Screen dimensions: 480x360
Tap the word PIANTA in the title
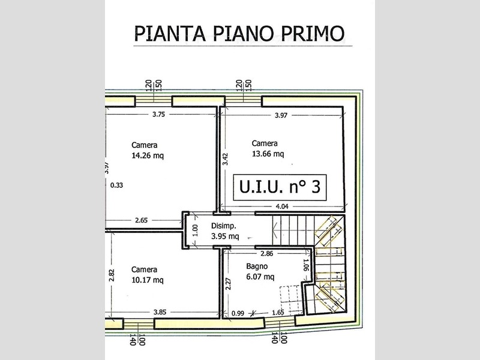click(x=170, y=33)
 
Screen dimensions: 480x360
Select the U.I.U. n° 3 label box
click(x=280, y=187)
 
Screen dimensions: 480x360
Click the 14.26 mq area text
click(x=148, y=155)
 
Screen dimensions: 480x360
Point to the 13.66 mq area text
click(x=268, y=154)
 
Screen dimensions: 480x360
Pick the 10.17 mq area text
click(x=147, y=280)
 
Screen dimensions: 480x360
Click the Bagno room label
click(x=257, y=266)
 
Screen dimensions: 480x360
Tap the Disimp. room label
click(x=223, y=226)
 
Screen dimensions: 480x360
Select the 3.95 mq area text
click(x=225, y=236)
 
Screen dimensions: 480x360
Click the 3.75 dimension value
click(x=158, y=115)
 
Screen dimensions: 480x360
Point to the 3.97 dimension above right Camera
click(x=281, y=115)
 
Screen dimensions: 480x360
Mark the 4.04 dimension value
click(x=282, y=206)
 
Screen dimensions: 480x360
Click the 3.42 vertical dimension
click(x=226, y=159)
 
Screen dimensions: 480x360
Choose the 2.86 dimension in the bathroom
click(x=266, y=253)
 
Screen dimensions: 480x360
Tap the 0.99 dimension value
click(x=238, y=313)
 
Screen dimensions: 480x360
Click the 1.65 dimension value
click(x=278, y=312)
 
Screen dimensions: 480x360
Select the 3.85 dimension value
click(x=160, y=312)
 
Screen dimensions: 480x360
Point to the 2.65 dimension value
click(x=142, y=220)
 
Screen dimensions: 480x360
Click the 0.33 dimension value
click(x=116, y=185)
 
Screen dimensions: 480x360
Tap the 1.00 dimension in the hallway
click(x=196, y=230)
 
